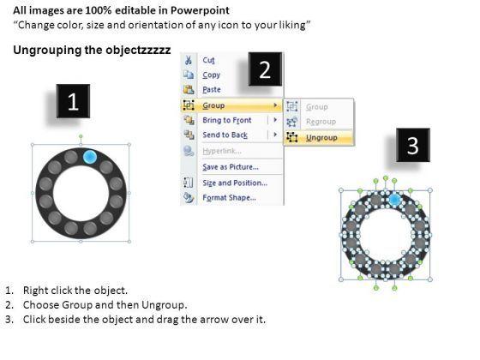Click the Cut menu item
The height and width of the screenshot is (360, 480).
tap(208, 60)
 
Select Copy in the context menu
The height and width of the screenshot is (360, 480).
tap(211, 75)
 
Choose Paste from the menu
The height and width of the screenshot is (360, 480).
tap(212, 90)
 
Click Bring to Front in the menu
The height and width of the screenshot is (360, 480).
tap(227, 120)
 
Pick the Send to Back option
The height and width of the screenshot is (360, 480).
tap(225, 135)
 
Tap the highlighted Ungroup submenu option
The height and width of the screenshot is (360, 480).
tap(321, 138)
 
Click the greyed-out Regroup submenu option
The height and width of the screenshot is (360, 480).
tap(321, 122)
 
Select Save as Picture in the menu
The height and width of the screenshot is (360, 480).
tap(231, 167)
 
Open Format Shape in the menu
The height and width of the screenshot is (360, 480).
tap(230, 198)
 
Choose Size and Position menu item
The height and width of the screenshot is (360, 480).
tap(235, 183)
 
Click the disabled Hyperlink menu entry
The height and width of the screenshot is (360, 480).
tap(222, 151)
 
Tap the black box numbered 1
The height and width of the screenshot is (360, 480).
tap(73, 101)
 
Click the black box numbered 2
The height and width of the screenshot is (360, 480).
tap(265, 69)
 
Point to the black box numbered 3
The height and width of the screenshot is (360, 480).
tap(413, 145)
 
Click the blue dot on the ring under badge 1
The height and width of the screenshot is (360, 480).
tap(90, 157)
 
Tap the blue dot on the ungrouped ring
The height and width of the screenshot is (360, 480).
tap(394, 201)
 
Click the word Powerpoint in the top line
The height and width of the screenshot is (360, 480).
tap(200, 10)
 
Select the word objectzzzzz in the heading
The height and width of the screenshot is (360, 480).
tap(138, 50)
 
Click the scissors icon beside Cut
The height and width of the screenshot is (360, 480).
tap(189, 60)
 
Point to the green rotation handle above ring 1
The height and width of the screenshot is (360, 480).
tap(81, 136)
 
